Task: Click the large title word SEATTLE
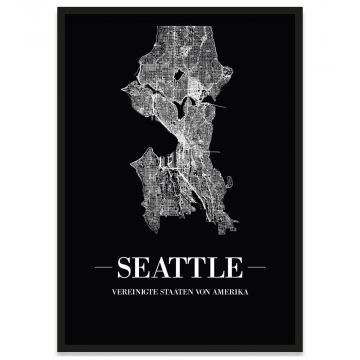pyautogui.click(x=180, y=269)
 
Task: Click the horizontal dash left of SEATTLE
pyautogui.click(x=102, y=269)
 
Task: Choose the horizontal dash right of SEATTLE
pyautogui.click(x=258, y=269)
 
